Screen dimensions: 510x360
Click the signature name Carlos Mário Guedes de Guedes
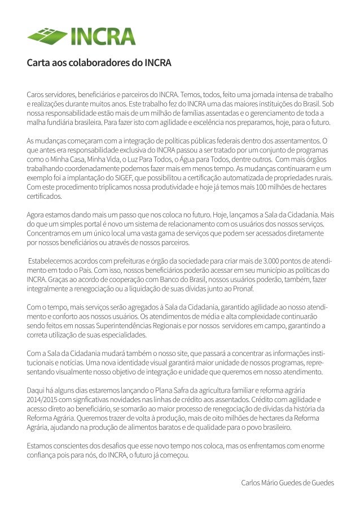(x=287, y=483)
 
